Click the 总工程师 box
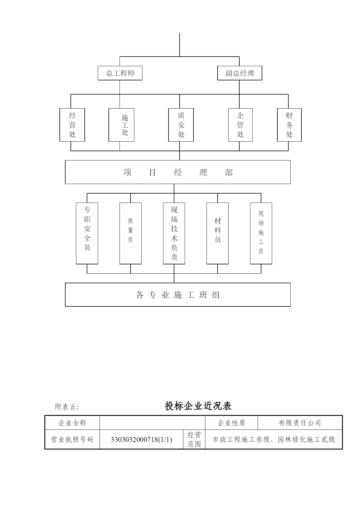[x=120, y=73]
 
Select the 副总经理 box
[x=240, y=73]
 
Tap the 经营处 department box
[x=72, y=125]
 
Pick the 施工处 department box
[x=121, y=125]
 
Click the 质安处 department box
[x=181, y=125]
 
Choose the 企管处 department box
[x=240, y=125]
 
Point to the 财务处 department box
[x=289, y=125]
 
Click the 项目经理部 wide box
[x=178, y=172]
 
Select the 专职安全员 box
[x=87, y=233]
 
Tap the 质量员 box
[x=131, y=233]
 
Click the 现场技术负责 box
[x=174, y=233]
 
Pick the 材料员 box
[x=218, y=233]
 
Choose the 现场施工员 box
[x=261, y=233]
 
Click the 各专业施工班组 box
[x=178, y=295]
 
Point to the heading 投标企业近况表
[x=198, y=406]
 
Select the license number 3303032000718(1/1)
[x=141, y=440]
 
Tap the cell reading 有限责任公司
[x=300, y=423]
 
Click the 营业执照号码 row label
[x=72, y=440]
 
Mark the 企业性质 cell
[x=231, y=423]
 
